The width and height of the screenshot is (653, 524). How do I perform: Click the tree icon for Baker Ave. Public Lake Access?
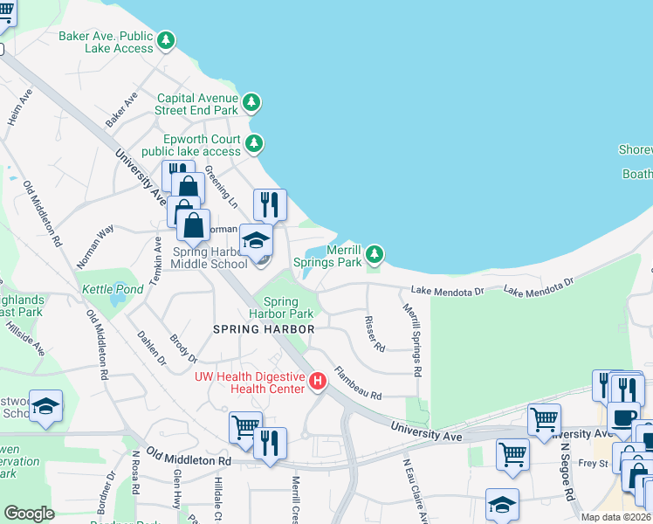[x=166, y=40]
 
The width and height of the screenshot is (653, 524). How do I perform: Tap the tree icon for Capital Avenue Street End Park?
[x=251, y=103]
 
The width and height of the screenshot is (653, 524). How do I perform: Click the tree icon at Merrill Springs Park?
[x=375, y=254]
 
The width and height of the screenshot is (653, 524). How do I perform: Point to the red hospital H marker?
[x=318, y=381]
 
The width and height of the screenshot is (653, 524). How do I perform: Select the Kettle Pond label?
[x=112, y=289]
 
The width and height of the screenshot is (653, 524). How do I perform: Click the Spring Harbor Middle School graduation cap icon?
[x=257, y=240]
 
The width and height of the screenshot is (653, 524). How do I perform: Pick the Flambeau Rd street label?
[x=358, y=383]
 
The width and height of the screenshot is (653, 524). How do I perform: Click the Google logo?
[x=29, y=514]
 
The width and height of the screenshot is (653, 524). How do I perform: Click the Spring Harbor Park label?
[x=281, y=307]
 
